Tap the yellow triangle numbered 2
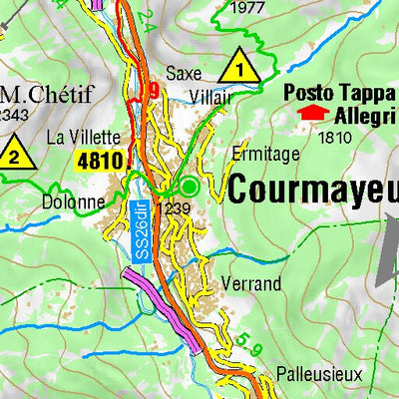coord(13,154)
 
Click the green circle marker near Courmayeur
coord(189,186)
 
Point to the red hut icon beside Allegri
coord(313,114)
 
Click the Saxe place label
coord(184,73)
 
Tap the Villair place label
coord(211,97)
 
